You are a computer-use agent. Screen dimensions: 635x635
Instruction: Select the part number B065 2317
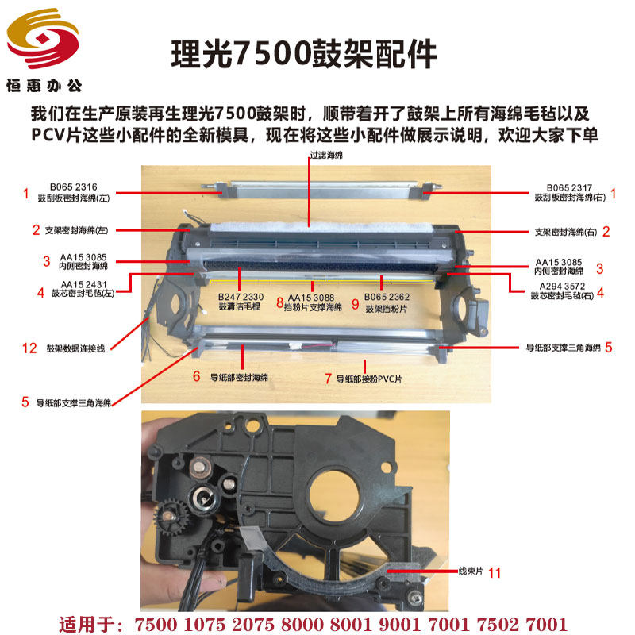[x=565, y=187]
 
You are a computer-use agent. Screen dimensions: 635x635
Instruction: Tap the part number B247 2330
[x=241, y=296]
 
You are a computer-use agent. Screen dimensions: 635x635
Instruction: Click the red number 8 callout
[x=279, y=302]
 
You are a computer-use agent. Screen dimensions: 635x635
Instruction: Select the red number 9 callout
[x=355, y=302]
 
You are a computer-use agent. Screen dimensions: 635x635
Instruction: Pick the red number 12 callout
[x=29, y=347]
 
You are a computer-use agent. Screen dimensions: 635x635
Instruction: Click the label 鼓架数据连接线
[x=80, y=347]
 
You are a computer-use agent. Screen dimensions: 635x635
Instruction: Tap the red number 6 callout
[x=196, y=376]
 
